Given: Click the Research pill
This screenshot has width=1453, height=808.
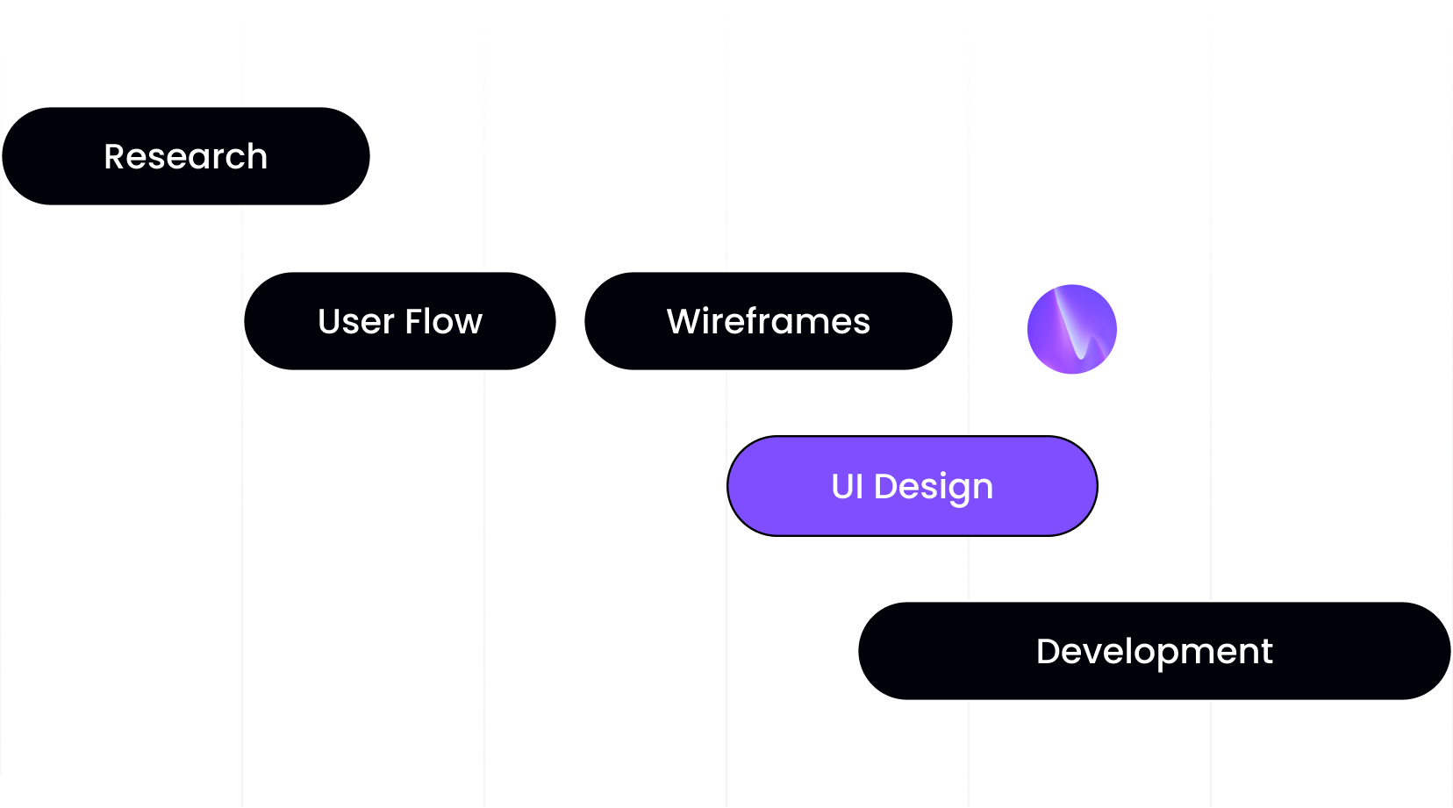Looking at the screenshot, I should point(186,156).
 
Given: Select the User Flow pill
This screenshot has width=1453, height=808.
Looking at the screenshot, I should point(400,321).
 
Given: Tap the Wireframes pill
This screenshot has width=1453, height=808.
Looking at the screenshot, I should point(768,321).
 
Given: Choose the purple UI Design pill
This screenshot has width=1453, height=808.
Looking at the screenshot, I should point(912,486).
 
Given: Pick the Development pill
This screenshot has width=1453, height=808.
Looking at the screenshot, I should point(1154,651).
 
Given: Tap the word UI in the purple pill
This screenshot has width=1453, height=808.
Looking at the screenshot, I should point(848,487).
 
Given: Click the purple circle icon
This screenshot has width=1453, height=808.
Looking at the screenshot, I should point(1071,329).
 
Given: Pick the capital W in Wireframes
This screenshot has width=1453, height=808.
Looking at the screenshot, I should point(684,322).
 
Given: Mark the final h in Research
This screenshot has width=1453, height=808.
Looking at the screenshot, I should point(257,157).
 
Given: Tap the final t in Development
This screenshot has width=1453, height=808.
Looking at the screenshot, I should point(1267,652).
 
